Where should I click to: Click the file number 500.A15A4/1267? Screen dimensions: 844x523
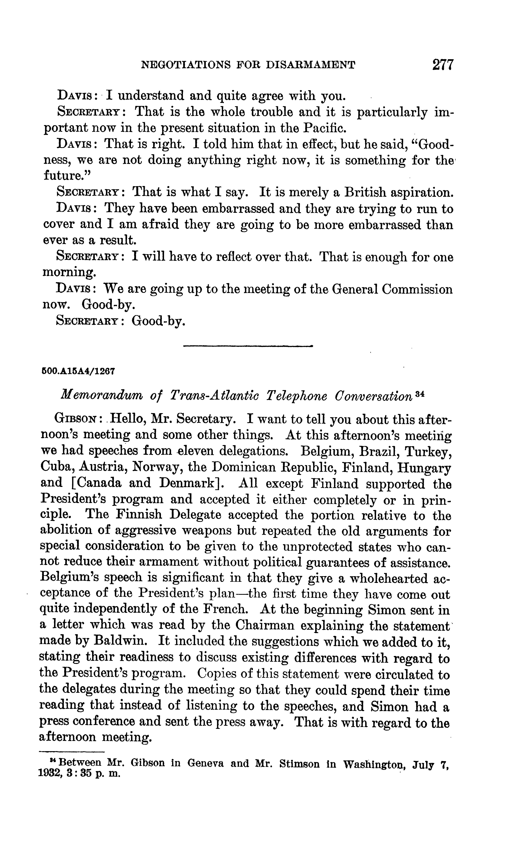pyautogui.click(x=78, y=371)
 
